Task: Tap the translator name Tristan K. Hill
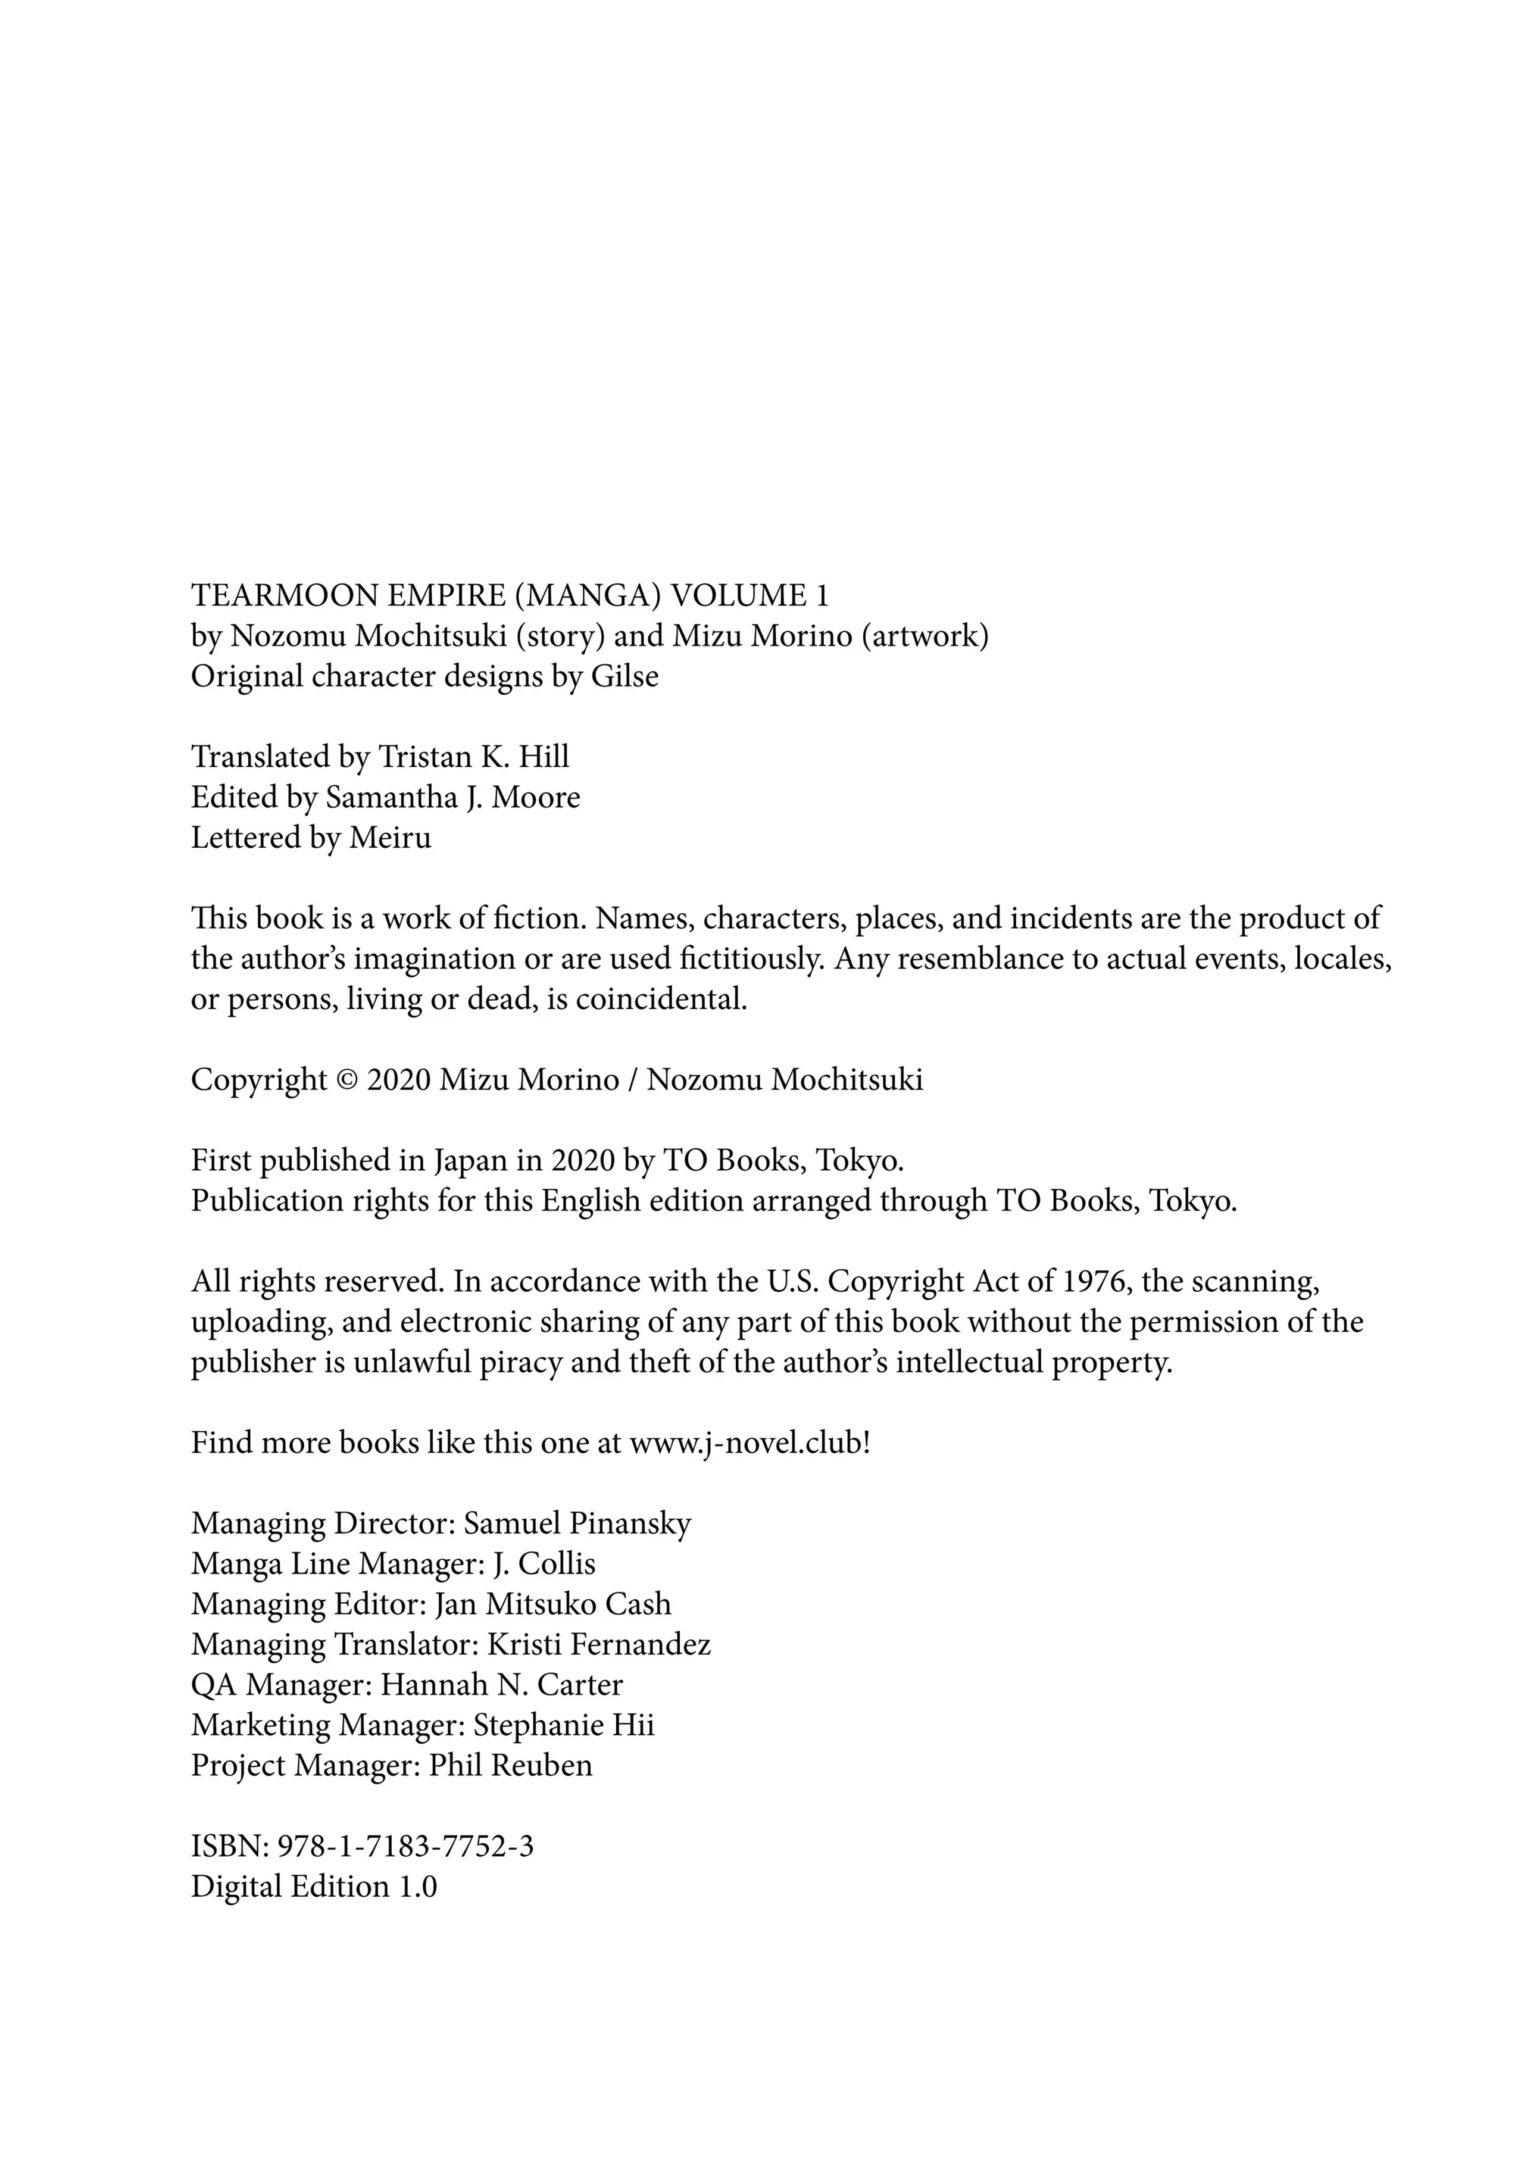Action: (474, 757)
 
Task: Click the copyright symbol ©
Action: (346, 1080)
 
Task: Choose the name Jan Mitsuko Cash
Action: (552, 1604)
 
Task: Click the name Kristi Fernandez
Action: (598, 1645)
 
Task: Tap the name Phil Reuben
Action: (511, 1766)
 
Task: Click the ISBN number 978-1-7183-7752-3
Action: (406, 1847)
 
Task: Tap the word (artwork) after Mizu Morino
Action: (925, 636)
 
